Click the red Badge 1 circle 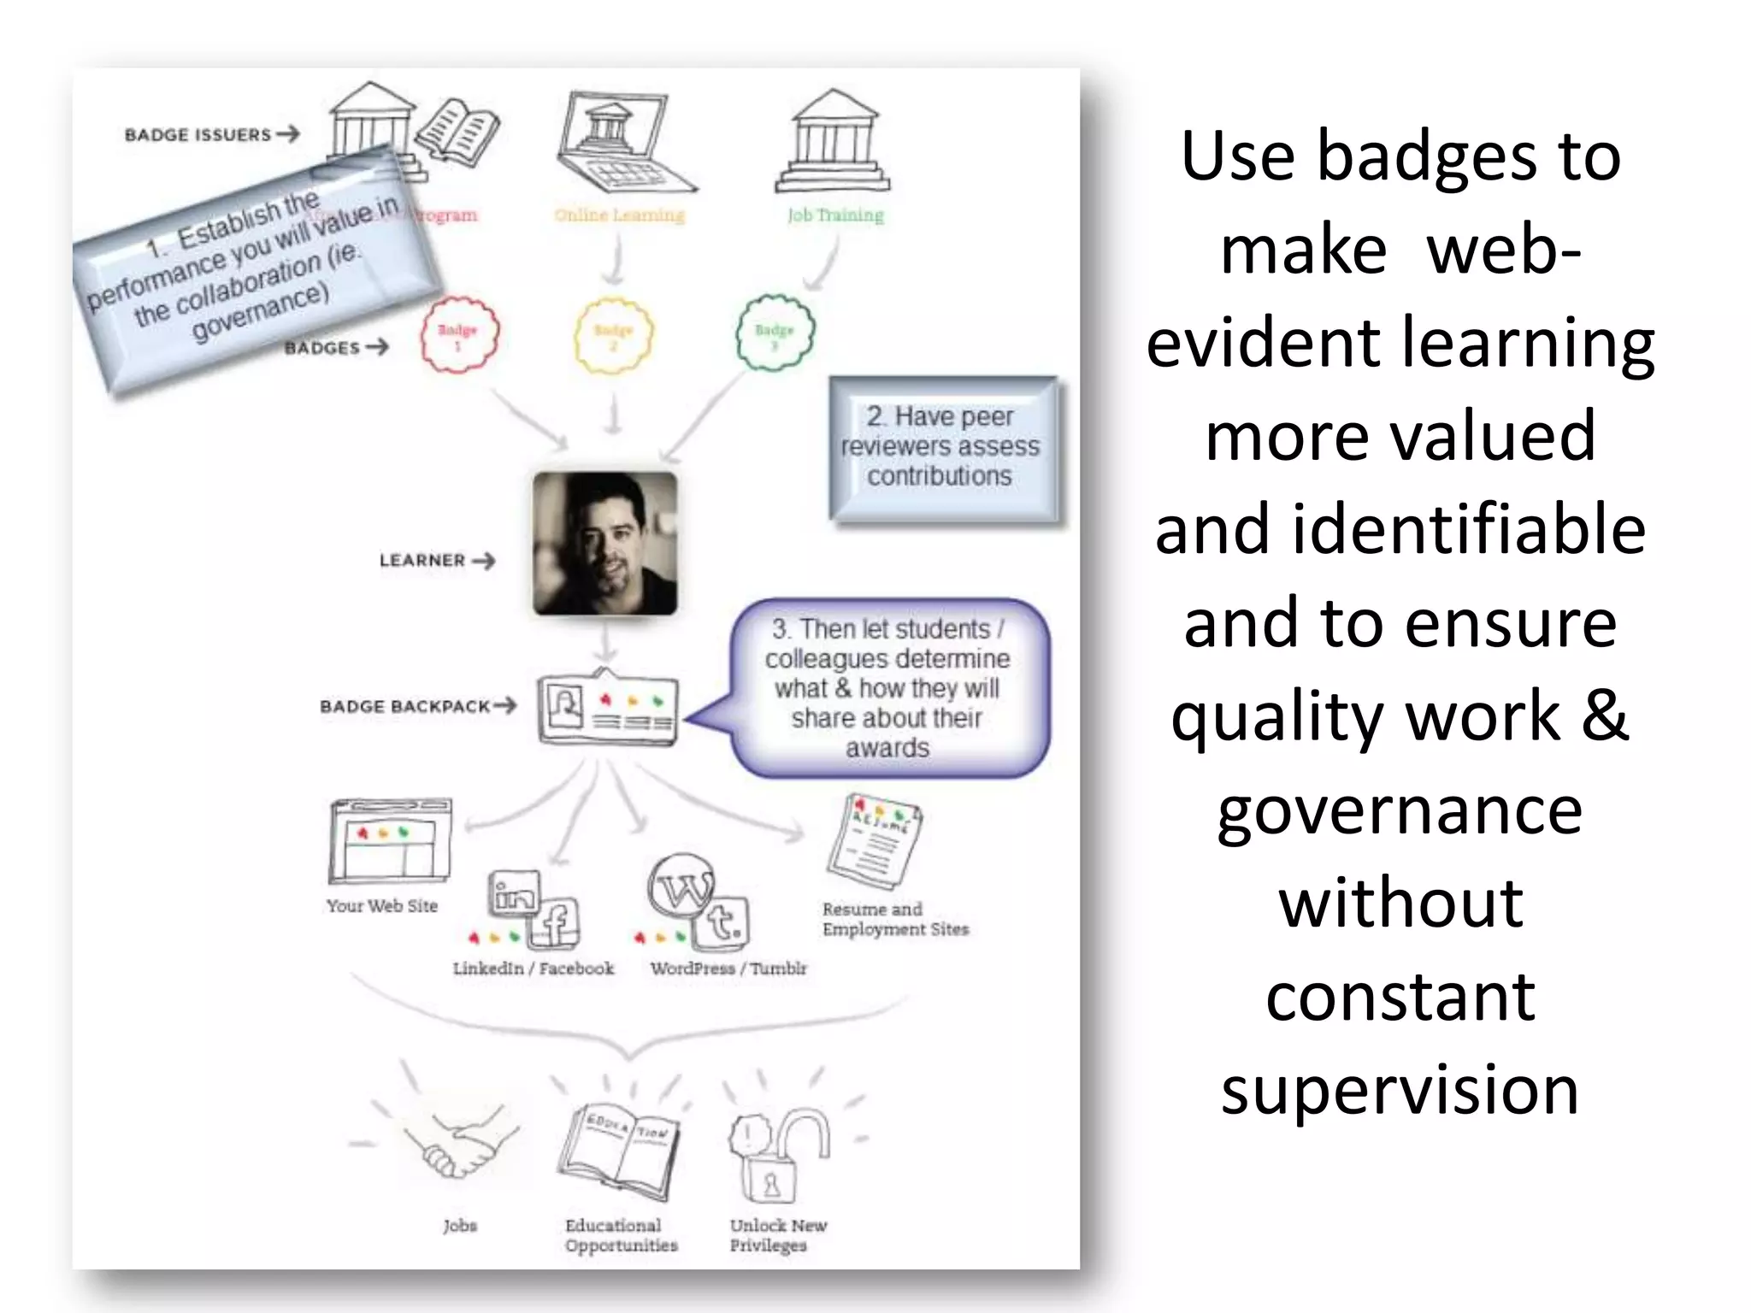[459, 334]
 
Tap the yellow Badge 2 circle [613, 334]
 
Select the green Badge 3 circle [775, 333]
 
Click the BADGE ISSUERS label [198, 135]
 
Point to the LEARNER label [422, 561]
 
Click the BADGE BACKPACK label [405, 707]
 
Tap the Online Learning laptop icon [622, 143]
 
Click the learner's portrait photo [605, 544]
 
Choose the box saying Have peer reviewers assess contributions [941, 447]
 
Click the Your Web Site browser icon [390, 841]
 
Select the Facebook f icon [553, 924]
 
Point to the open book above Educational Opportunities [619, 1151]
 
